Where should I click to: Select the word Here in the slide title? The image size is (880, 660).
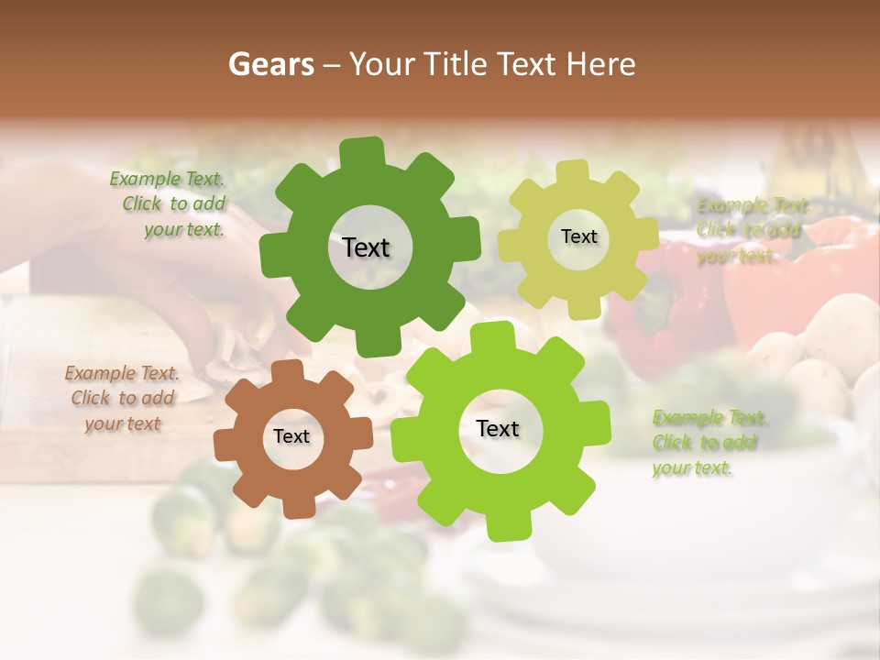click(601, 64)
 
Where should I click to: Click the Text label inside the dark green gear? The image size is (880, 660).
click(366, 247)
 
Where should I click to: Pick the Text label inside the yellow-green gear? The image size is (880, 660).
click(578, 236)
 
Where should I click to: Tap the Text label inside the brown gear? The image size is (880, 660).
click(291, 436)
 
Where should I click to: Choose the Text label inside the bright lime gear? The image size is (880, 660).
click(498, 429)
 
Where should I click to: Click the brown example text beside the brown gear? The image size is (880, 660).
click(123, 399)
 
